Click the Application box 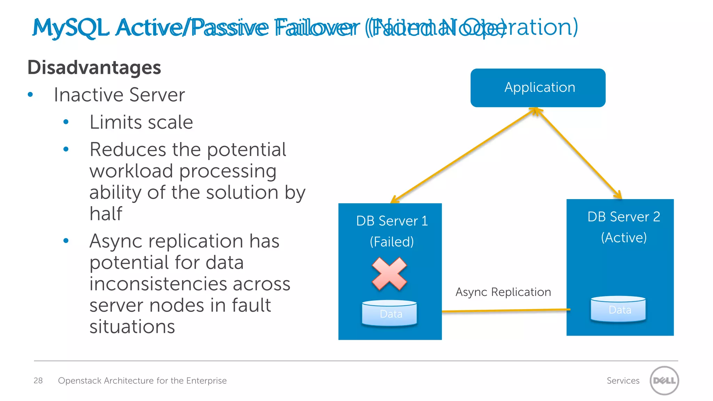point(538,88)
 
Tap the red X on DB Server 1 point(389,274)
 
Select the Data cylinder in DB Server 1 point(390,313)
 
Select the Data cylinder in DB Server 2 point(618,309)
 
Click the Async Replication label point(503,292)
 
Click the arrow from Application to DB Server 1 point(463,155)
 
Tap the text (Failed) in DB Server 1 point(392,242)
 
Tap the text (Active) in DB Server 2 point(624,237)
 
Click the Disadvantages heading point(94,67)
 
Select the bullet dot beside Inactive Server point(30,94)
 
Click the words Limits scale point(141,122)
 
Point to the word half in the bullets point(106,213)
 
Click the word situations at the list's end point(132,327)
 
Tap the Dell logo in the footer point(664,380)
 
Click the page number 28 point(38,380)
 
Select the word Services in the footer point(623,380)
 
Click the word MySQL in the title point(71,28)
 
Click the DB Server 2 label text point(624,217)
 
